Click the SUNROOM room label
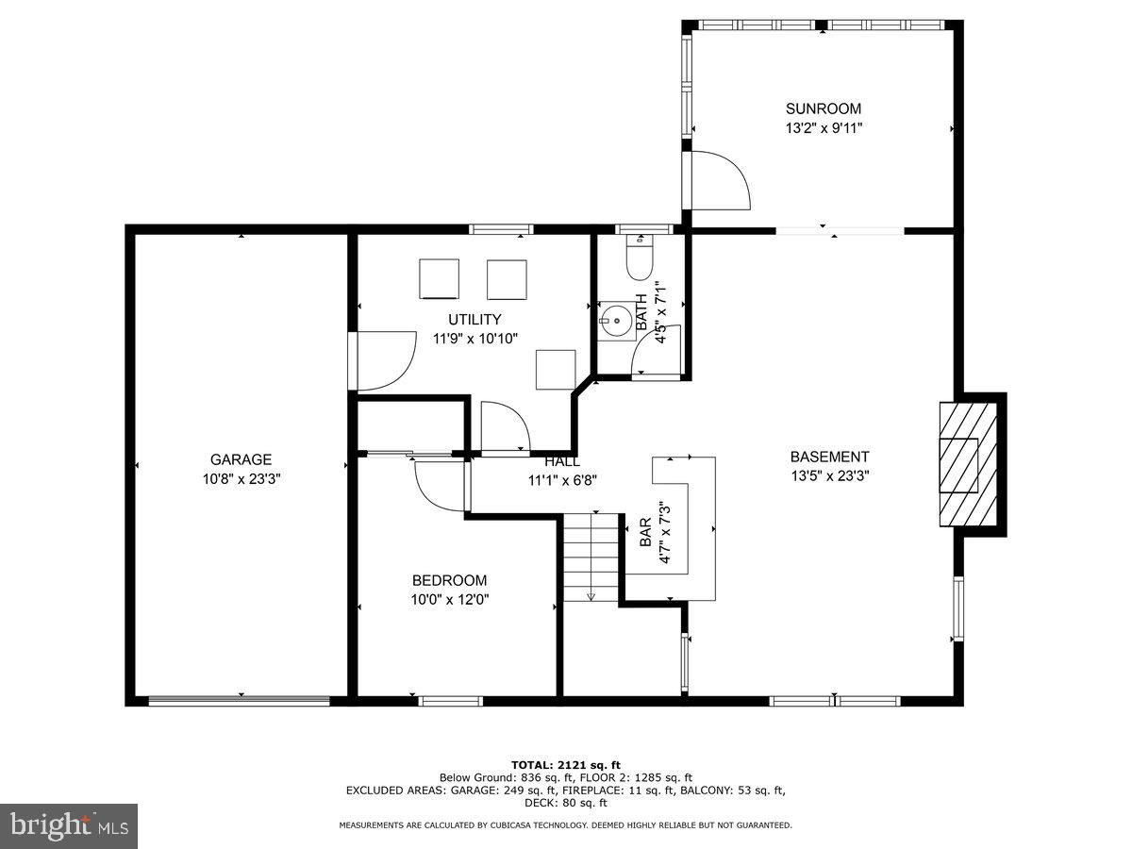coord(824,108)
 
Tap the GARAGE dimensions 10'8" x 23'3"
coord(241,478)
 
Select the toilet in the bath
coord(641,259)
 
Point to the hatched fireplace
coord(967,463)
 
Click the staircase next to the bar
coord(591,557)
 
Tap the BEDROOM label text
coord(449,580)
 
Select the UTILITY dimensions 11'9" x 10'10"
coord(475,338)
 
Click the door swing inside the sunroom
coord(719,180)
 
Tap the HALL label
coord(562,461)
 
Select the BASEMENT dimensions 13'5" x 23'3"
coord(829,475)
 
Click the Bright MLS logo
coord(69,825)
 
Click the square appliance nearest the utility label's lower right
coord(556,369)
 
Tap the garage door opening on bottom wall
coord(240,701)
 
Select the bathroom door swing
coord(655,356)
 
